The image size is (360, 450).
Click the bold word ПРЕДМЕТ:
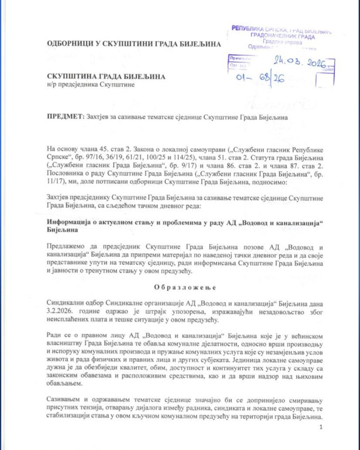click(66, 117)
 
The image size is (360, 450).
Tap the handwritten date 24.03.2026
click(300, 62)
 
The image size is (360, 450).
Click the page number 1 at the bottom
click(321, 427)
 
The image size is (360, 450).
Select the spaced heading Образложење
click(185, 287)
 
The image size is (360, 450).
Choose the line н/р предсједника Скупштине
click(91, 84)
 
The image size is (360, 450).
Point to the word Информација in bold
click(68, 222)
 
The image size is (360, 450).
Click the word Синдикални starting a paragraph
click(65, 303)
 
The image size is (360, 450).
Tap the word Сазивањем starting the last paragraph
click(63, 400)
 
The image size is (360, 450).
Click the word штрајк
click(155, 312)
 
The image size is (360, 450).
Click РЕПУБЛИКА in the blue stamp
click(247, 28)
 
